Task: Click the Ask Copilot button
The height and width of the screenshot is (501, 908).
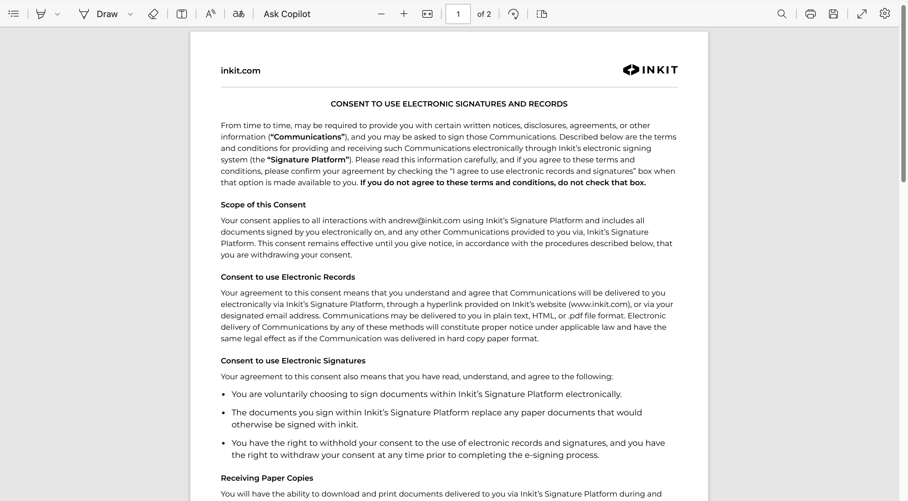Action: click(x=286, y=14)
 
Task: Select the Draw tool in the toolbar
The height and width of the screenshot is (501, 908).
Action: click(x=99, y=14)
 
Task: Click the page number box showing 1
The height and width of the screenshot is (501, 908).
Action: click(x=457, y=14)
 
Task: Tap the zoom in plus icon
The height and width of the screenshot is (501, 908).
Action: click(x=404, y=14)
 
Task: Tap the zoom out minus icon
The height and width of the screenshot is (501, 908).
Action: click(x=381, y=14)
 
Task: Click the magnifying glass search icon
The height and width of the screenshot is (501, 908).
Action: click(x=781, y=14)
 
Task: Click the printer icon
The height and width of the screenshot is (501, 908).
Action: click(x=810, y=14)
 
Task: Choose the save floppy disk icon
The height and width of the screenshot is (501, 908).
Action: click(x=833, y=14)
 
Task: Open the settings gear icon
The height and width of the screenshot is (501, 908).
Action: click(x=885, y=14)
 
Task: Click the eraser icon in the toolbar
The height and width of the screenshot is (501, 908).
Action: click(x=153, y=14)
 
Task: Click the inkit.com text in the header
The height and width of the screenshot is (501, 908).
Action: click(x=240, y=71)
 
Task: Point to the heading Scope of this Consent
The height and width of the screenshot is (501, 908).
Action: click(x=263, y=205)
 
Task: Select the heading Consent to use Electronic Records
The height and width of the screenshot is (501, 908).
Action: click(x=288, y=277)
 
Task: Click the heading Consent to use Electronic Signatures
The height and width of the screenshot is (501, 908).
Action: click(x=293, y=361)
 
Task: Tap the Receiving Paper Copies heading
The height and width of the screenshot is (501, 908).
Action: click(x=267, y=478)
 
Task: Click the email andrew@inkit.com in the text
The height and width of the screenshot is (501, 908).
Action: click(x=424, y=221)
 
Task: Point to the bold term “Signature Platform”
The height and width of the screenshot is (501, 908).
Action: click(x=308, y=159)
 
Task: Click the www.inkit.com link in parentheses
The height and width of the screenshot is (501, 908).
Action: click(x=599, y=304)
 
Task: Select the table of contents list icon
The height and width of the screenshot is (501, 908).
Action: click(x=14, y=14)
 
